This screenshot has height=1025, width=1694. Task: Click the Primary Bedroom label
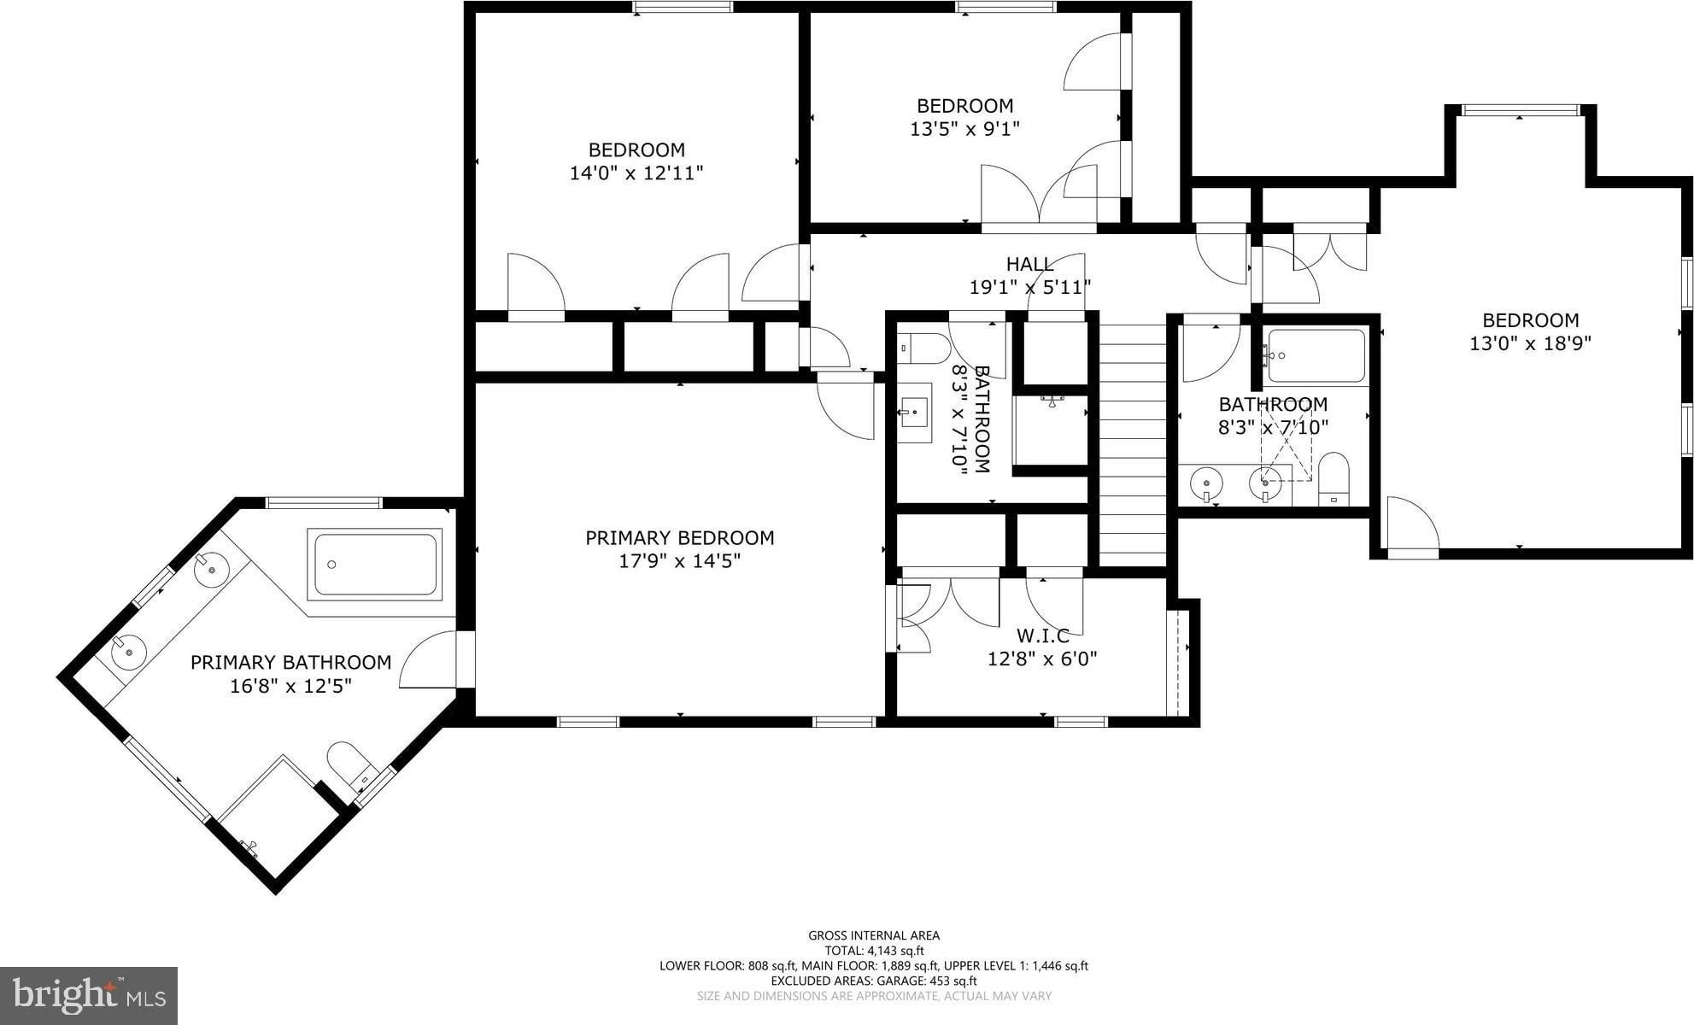(679, 538)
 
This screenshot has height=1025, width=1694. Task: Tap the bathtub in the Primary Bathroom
(375, 564)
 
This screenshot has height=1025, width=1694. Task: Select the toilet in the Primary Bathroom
(351, 764)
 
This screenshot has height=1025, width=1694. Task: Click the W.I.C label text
(1042, 635)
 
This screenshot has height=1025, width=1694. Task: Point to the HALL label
(1029, 264)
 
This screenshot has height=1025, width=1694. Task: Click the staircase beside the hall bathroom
(1132, 444)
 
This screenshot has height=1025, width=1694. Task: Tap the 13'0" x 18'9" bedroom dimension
(1530, 343)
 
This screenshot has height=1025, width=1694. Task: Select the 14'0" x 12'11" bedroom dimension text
(636, 173)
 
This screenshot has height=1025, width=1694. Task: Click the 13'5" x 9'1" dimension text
(965, 129)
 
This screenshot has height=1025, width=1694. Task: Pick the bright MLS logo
(89, 995)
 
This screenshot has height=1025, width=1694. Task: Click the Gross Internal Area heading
(874, 935)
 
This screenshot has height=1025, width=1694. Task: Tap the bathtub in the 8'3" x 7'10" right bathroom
(1316, 355)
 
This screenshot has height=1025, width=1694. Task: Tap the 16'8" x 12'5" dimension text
(291, 686)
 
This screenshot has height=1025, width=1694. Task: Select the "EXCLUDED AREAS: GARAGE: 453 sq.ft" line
(874, 981)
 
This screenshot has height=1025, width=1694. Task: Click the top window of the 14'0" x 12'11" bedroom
(683, 7)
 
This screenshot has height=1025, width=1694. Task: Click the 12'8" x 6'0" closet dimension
(1042, 659)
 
